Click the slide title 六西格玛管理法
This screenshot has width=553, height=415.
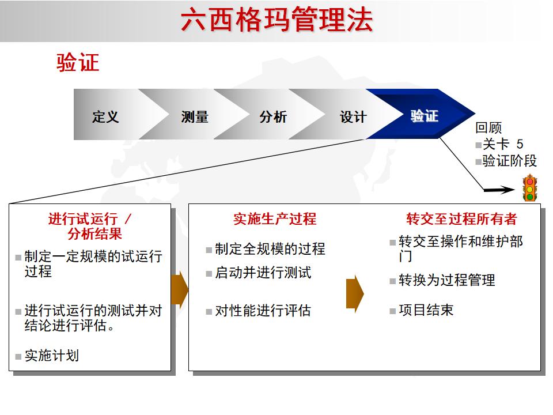click(x=276, y=20)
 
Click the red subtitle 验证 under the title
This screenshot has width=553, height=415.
click(x=78, y=62)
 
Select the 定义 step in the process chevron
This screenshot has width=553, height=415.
click(x=105, y=116)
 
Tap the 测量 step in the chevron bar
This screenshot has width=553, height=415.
click(x=195, y=116)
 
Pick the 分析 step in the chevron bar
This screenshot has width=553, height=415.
click(x=273, y=116)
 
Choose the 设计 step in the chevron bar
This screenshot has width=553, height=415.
click(x=353, y=116)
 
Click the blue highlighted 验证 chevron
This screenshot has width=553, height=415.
click(x=425, y=115)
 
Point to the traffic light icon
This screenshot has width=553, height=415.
click(x=529, y=188)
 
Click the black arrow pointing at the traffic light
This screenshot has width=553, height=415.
click(x=498, y=189)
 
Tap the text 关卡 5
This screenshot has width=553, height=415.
click(x=503, y=145)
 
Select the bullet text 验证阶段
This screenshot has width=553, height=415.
click(x=509, y=161)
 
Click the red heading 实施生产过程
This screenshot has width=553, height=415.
click(x=275, y=219)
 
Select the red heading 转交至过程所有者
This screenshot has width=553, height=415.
click(x=461, y=219)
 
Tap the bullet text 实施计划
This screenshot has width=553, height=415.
click(x=51, y=356)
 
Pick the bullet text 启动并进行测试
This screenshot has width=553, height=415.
click(x=263, y=273)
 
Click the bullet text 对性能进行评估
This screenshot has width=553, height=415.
click(x=263, y=311)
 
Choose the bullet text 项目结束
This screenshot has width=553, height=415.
click(x=426, y=310)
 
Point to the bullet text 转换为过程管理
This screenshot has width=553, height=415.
click(x=446, y=280)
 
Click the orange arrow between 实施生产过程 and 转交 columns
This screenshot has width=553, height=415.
click(x=354, y=293)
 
